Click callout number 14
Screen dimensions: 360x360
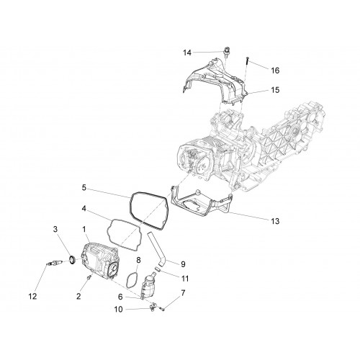click(187, 53)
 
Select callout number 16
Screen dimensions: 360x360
click(275, 71)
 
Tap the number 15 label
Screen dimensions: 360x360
click(275, 90)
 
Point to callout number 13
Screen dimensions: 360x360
click(275, 221)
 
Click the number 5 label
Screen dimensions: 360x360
click(84, 187)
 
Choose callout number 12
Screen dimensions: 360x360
click(33, 297)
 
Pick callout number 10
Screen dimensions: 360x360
click(118, 310)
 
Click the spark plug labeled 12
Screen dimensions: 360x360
click(55, 264)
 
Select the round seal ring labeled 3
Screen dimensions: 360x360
click(72, 259)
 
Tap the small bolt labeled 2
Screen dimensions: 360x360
click(89, 277)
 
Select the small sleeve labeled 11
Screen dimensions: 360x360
click(157, 269)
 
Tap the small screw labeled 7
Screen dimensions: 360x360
click(163, 309)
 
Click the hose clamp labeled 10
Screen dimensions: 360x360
click(152, 307)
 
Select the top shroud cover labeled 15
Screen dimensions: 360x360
click(215, 79)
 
